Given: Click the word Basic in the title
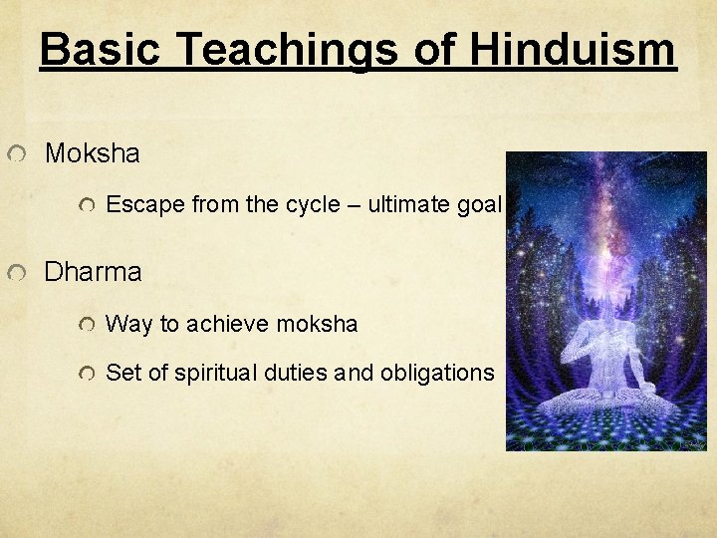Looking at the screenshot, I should [97, 48].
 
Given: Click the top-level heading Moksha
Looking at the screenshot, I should [93, 154].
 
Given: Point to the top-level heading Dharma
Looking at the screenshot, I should [94, 272].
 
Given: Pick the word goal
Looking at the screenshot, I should [479, 206].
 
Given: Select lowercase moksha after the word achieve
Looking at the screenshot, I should [318, 324].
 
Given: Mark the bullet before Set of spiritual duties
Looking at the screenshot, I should [88, 375].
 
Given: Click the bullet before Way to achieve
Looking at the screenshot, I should [88, 326].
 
